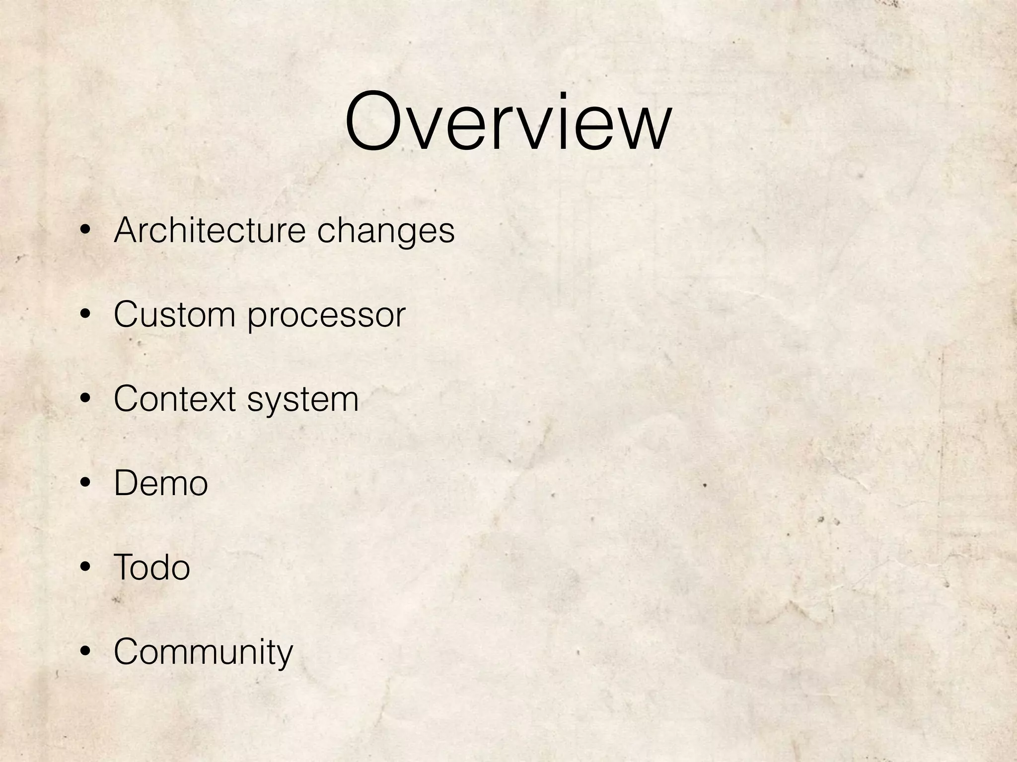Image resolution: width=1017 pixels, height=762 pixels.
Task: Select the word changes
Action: [x=385, y=232]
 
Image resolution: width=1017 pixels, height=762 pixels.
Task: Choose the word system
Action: [x=302, y=400]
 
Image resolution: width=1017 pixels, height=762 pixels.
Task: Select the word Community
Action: [x=203, y=652]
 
